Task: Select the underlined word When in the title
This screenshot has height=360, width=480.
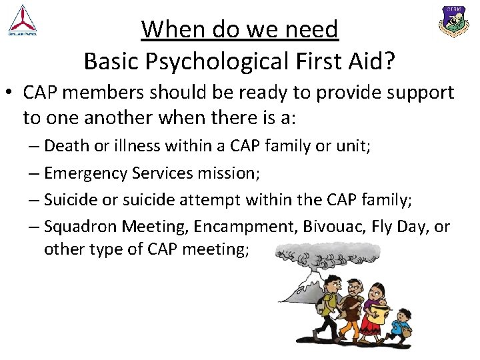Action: coord(166,29)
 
